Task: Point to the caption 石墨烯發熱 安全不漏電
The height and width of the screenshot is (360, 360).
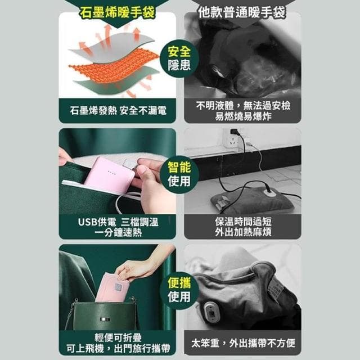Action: point(118,111)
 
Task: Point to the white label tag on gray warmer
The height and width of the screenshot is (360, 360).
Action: point(276,288)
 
